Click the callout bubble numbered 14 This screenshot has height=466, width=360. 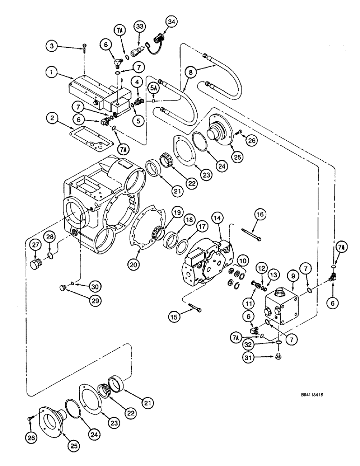pyautogui.click(x=216, y=217)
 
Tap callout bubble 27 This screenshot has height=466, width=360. pyautogui.click(x=35, y=246)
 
